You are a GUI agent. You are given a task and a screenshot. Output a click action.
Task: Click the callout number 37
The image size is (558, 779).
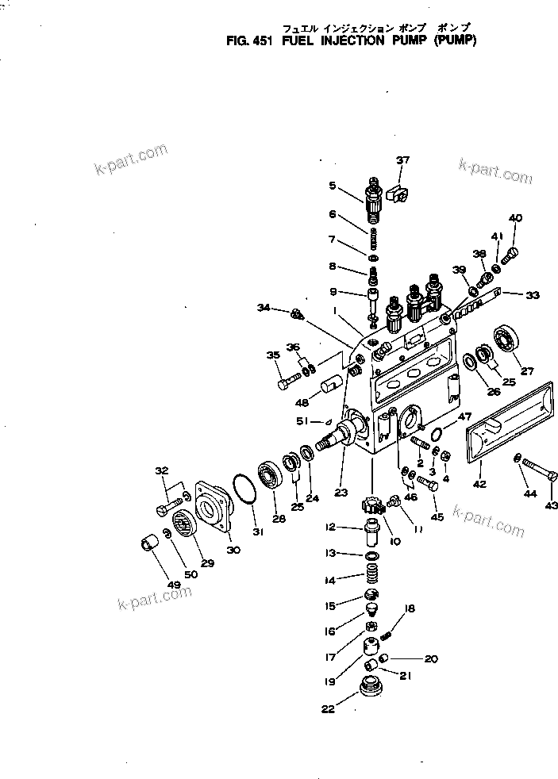(403, 161)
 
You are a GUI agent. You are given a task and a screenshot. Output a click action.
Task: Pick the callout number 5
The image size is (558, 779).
(333, 186)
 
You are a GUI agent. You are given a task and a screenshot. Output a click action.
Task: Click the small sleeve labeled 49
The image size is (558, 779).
(148, 547)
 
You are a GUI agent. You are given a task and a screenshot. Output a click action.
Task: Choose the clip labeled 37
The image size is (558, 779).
(403, 192)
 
